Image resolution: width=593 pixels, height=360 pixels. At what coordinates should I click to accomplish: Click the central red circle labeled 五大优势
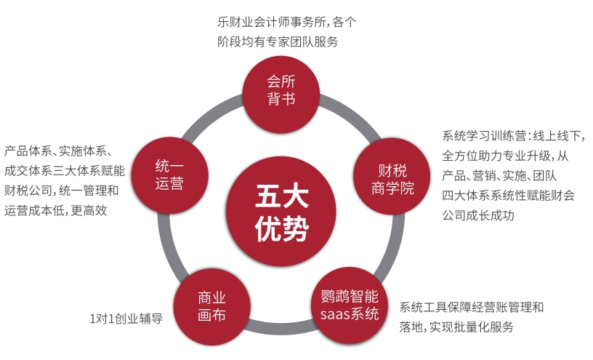[x=281, y=214]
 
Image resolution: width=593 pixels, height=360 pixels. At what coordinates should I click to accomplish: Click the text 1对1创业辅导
[x=125, y=319]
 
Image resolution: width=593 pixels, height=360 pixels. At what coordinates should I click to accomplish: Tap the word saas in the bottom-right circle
[x=335, y=315]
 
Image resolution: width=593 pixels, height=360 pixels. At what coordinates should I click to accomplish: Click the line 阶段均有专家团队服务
[x=278, y=41]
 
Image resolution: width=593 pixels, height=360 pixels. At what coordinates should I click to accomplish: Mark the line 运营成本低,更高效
[x=56, y=211]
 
